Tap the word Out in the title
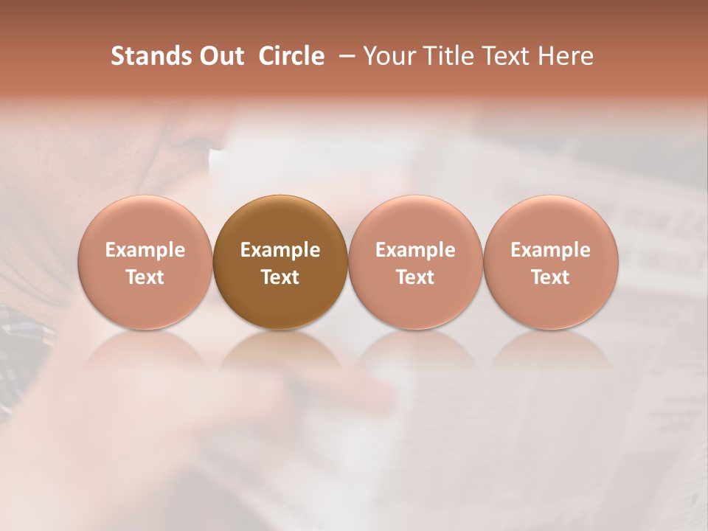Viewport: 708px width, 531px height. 219,56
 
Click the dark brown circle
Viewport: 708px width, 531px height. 280,262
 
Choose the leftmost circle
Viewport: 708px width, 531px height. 145,262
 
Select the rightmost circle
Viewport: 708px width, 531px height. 551,262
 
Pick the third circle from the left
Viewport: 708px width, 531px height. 415,262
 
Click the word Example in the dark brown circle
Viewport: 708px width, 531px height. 280,250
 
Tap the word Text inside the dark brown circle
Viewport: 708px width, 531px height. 280,277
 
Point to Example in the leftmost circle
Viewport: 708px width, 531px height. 145,250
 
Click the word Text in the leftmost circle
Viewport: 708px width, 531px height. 145,277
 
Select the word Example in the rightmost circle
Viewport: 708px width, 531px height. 551,250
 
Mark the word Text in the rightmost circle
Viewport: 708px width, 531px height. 551,277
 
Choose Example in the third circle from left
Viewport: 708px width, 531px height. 415,250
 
